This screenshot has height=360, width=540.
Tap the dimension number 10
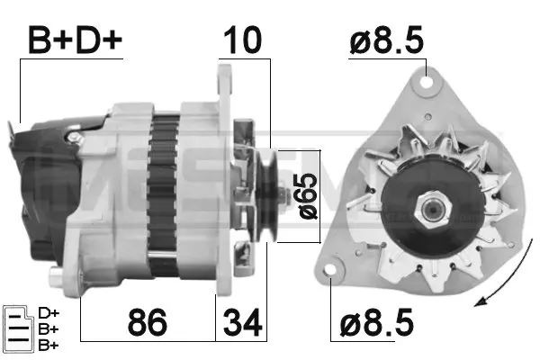244,39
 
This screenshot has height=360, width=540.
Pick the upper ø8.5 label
386,39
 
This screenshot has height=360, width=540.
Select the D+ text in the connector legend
49,312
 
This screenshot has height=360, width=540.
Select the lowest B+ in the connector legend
49,345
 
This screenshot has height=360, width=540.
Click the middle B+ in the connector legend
49,328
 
